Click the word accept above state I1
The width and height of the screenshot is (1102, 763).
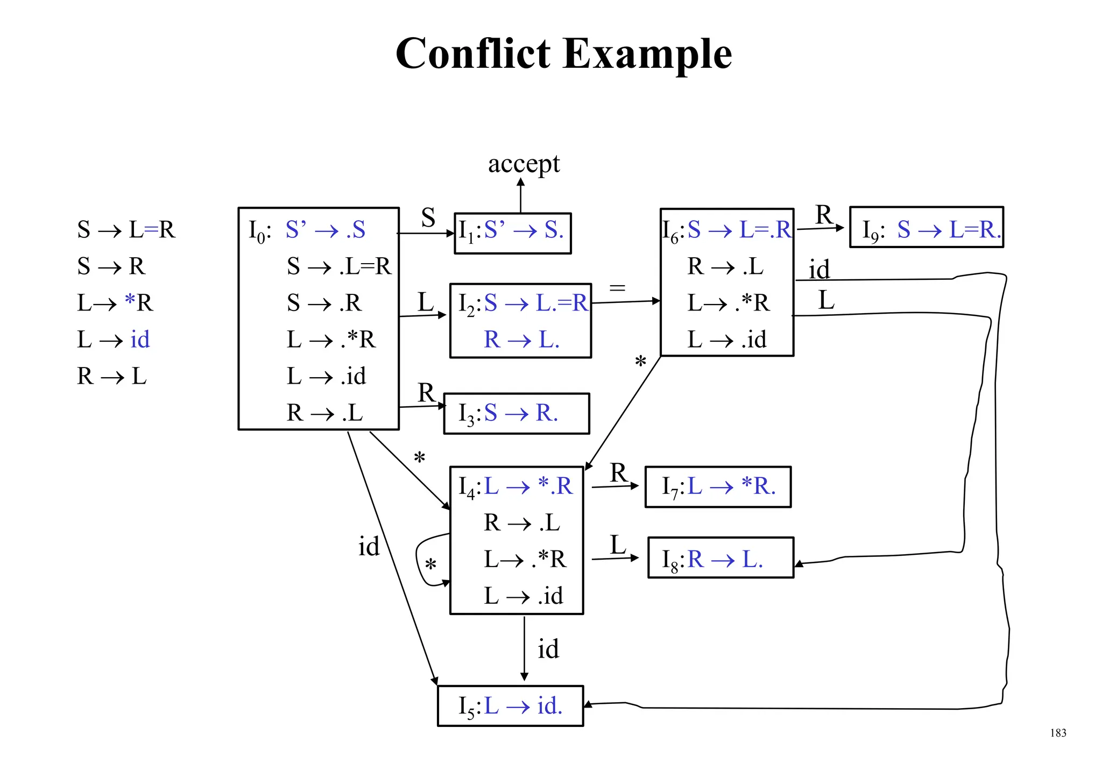tap(524, 164)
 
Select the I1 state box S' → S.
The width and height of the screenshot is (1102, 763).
tap(512, 232)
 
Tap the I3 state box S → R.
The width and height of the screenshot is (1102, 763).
tap(516, 413)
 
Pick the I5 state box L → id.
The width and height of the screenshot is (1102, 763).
tap(510, 705)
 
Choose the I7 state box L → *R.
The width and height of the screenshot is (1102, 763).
tap(718, 486)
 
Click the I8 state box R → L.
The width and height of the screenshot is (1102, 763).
tap(720, 558)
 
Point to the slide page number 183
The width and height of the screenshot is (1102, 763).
tap(1057, 733)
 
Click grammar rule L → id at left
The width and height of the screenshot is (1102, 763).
tap(114, 340)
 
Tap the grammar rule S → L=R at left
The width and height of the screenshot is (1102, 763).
tap(126, 230)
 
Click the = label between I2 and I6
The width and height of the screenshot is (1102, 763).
tap(617, 288)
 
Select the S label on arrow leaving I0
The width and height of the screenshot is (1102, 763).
tap(428, 218)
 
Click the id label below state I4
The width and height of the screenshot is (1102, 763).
tap(548, 649)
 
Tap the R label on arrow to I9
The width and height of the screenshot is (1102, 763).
tap(824, 215)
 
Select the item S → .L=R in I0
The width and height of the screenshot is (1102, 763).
tap(339, 266)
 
